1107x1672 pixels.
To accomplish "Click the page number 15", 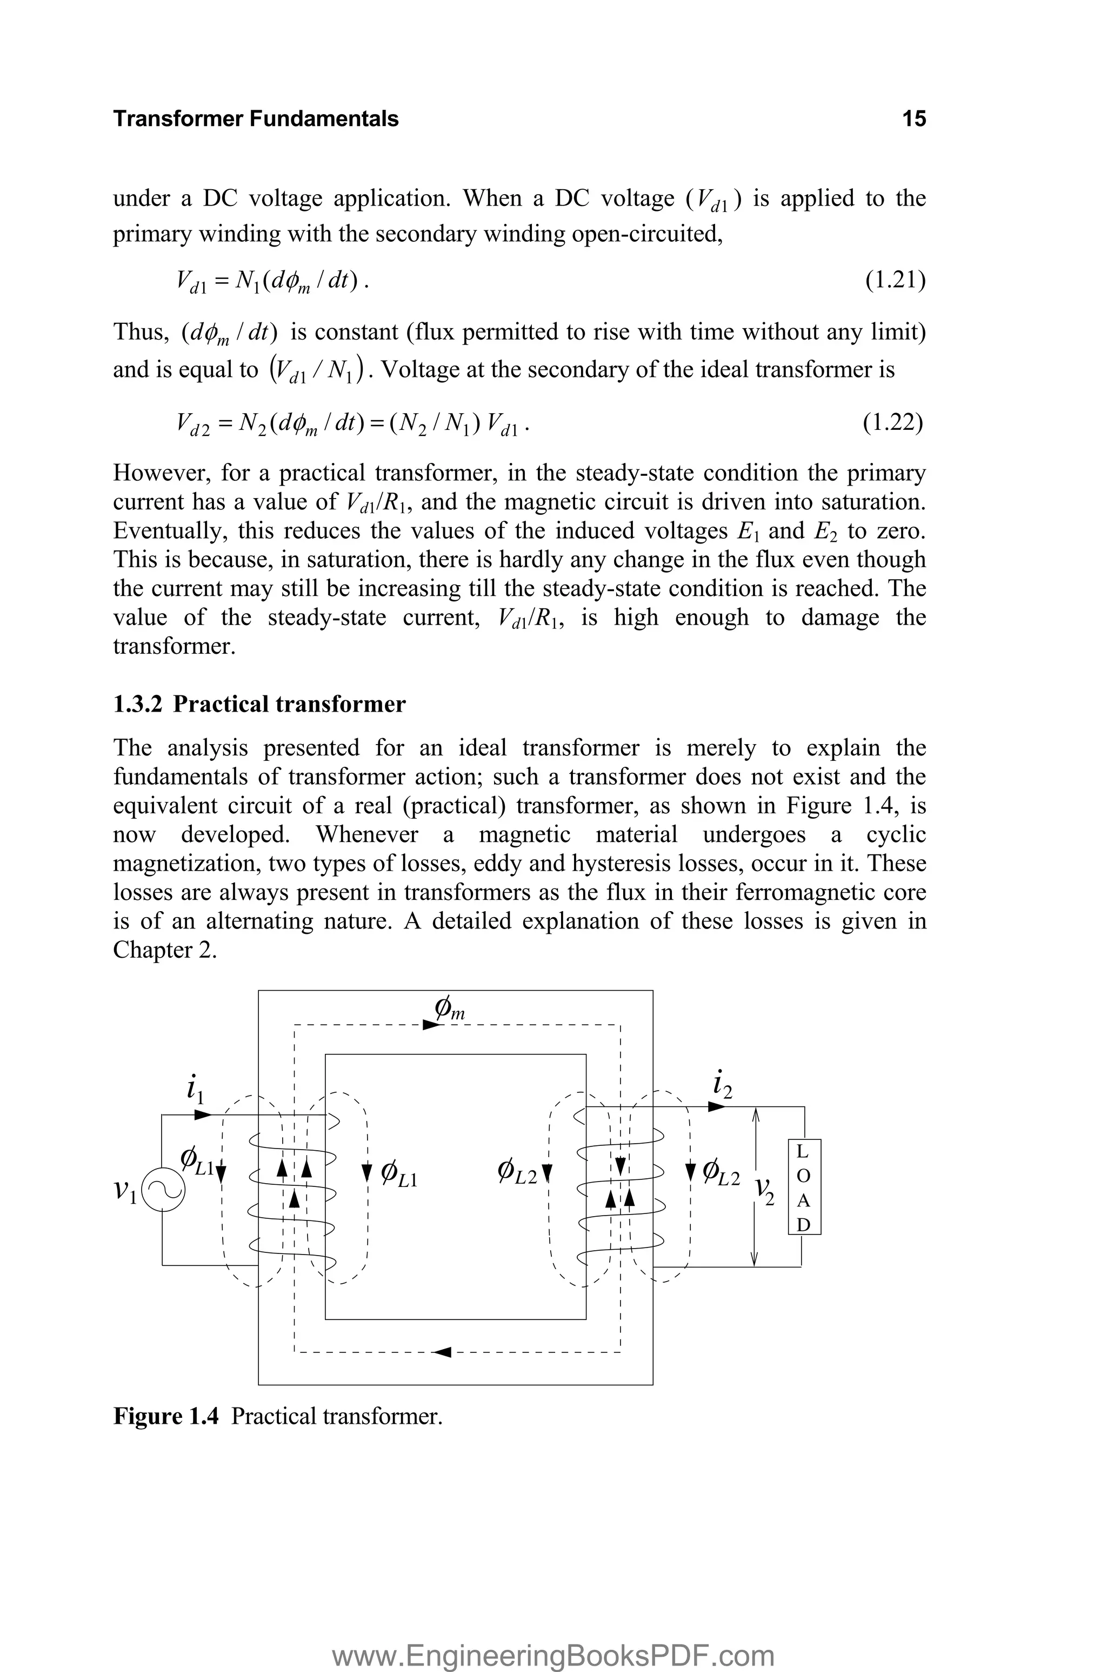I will [x=913, y=118].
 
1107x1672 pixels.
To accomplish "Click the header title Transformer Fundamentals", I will [x=256, y=118].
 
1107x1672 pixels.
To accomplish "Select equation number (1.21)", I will [x=895, y=280].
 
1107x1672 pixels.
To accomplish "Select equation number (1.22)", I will [x=893, y=422].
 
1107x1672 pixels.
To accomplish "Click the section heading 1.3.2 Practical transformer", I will [x=259, y=704].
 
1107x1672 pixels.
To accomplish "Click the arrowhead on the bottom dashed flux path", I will [x=442, y=1352].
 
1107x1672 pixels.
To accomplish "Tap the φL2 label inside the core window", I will [x=517, y=1174].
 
